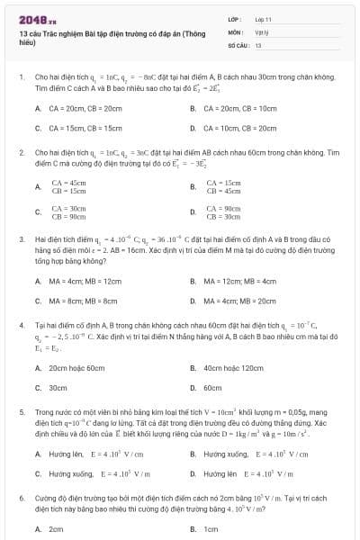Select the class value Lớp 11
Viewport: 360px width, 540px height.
click(263, 18)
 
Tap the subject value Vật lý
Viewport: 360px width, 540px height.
click(263, 31)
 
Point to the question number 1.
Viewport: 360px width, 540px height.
click(20, 77)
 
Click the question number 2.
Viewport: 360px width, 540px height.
click(20, 153)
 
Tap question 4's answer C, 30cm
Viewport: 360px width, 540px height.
click(58, 388)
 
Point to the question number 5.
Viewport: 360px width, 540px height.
click(20, 410)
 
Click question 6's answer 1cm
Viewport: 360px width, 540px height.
click(211, 529)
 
